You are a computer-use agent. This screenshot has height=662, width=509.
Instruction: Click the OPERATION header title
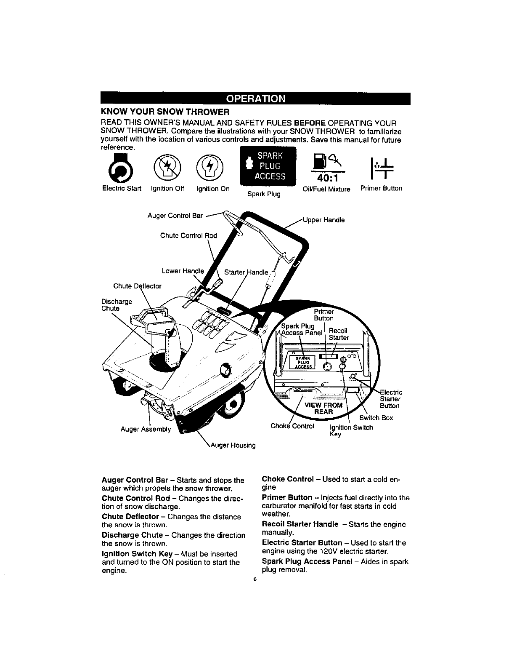(x=255, y=99)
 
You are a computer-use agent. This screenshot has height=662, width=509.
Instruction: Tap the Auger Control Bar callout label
(x=175, y=216)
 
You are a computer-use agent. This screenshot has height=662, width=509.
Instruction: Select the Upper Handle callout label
(x=324, y=220)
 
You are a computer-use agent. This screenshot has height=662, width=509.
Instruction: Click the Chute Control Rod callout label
(x=188, y=235)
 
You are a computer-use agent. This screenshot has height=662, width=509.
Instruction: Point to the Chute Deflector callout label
(x=138, y=286)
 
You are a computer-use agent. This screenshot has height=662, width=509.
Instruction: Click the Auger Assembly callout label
(x=146, y=429)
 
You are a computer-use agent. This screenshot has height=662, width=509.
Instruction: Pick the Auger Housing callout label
(x=236, y=445)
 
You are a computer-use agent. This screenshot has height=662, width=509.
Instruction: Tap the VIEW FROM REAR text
(x=323, y=408)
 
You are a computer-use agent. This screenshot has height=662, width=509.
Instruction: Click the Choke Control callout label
(x=292, y=426)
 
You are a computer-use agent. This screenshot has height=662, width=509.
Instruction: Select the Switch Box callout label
(x=376, y=418)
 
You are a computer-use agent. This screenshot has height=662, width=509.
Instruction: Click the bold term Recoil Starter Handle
(x=300, y=524)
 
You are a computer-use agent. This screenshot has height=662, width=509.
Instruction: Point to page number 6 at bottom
(x=254, y=579)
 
